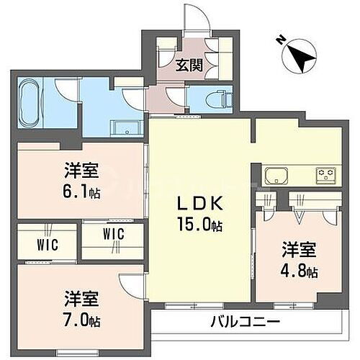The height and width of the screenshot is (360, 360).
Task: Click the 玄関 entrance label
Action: pos(189,65)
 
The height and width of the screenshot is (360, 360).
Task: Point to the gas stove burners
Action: pos(325,175)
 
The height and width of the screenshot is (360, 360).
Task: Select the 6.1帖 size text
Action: pos(81,192)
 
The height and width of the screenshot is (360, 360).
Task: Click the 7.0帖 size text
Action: pos(81,318)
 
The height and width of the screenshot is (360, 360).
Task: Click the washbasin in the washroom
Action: pos(124,129)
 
